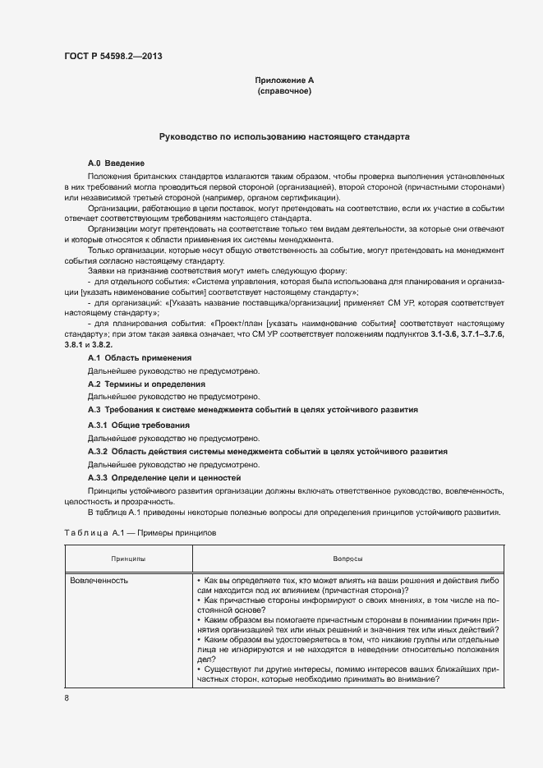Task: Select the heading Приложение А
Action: [x=284, y=80]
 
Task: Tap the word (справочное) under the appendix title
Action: [x=284, y=91]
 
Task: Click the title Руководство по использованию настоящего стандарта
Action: [x=284, y=137]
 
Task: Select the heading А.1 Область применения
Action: [x=140, y=359]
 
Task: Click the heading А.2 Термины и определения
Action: [x=146, y=384]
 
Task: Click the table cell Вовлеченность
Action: [x=99, y=580]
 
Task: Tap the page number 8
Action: [x=67, y=697]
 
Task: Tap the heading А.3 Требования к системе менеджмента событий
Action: [x=252, y=409]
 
